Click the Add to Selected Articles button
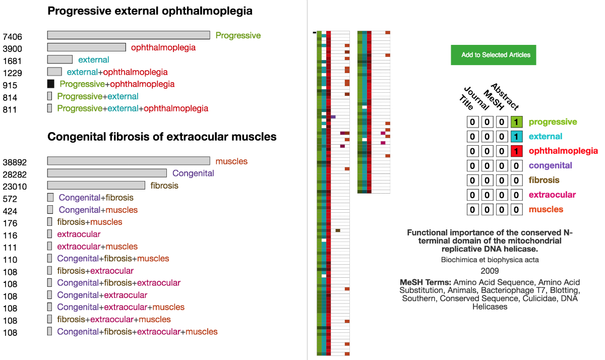point(493,55)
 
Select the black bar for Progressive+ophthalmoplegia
point(50,84)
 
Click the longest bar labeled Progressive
point(129,35)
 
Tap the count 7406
point(12,37)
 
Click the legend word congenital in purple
point(550,166)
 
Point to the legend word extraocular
point(552,195)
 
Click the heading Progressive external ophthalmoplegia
point(150,11)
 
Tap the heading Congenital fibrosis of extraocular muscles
point(162,137)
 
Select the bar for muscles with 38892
point(129,161)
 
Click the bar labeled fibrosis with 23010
point(96,185)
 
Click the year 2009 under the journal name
point(490,271)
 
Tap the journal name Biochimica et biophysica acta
point(490,260)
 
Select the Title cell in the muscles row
point(472,210)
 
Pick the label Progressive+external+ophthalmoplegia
point(133,108)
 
